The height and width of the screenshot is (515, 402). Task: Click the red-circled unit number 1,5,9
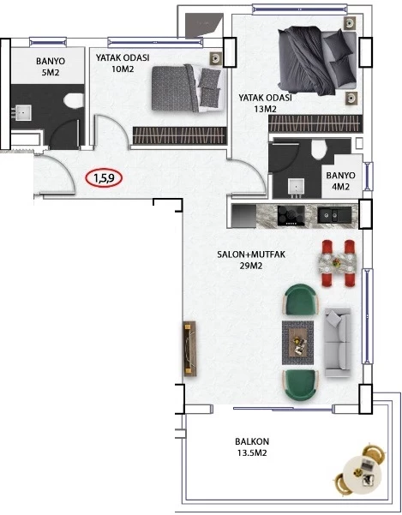coord(104,178)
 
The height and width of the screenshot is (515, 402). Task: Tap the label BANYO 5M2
coord(51,67)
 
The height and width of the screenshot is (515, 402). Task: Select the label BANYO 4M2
coord(340,181)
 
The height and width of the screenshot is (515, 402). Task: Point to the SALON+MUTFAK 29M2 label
coord(251,260)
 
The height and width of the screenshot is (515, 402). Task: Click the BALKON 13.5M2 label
coord(252,447)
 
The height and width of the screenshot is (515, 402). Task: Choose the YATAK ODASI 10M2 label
coord(123,63)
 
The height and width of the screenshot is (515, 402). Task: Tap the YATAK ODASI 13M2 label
coord(265,103)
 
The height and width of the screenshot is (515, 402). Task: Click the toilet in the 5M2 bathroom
coord(74,100)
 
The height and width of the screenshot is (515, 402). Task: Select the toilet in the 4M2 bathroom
coord(319,149)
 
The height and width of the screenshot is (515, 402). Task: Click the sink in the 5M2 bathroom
coord(24,112)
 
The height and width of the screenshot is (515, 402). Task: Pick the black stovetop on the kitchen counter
coord(291,216)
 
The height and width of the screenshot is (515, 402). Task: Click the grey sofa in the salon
coord(338,342)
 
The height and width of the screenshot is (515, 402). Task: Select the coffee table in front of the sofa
coord(298,342)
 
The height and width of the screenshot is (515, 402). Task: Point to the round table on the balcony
coord(362,471)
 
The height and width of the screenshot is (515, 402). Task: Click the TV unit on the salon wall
coord(189,349)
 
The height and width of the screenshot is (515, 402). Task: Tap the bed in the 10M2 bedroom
coord(189,88)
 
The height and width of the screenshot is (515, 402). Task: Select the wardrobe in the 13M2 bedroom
coord(315,123)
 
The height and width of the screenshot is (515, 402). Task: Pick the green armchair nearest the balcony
coord(301,386)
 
